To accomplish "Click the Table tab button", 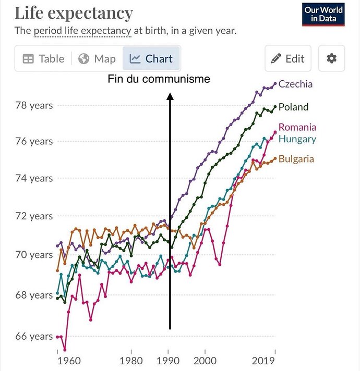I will click(43, 58).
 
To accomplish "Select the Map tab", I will click(97, 58).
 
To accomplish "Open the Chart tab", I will click(151, 58).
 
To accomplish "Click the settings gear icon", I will click(331, 58).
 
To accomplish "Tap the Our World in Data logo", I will click(323, 15).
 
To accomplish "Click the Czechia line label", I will click(296, 84).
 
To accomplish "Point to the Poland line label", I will click(293, 107).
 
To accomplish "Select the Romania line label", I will click(297, 127).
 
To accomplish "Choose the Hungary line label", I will click(297, 139).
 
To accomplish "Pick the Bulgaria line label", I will click(296, 159).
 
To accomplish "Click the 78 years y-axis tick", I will click(34, 105).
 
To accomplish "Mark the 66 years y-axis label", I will click(34, 337).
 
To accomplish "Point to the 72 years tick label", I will click(34, 216).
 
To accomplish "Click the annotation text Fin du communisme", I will click(159, 79).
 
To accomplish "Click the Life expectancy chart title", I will click(74, 13).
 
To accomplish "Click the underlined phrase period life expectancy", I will click(82, 31).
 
